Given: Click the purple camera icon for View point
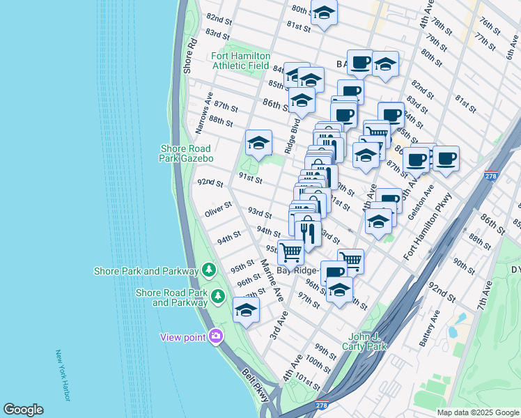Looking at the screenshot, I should point(216,336).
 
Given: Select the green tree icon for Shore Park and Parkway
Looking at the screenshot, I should point(208,270).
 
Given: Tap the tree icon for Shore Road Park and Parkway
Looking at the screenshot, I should point(218,297).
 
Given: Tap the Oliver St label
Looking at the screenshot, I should point(218,210).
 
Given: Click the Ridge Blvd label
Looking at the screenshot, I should point(292,137).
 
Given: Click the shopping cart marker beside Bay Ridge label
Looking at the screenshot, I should point(290,251).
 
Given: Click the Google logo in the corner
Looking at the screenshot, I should point(23,410).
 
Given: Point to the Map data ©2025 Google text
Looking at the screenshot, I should point(477,412).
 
